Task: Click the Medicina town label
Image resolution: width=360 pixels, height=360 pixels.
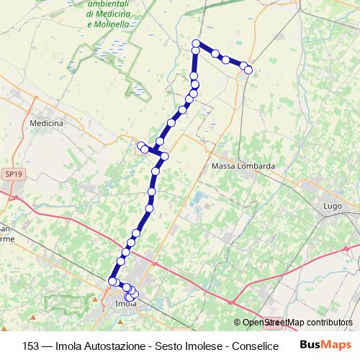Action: pyautogui.click(x=47, y=123)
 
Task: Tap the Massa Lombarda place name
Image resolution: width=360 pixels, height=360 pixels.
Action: pyautogui.click(x=243, y=166)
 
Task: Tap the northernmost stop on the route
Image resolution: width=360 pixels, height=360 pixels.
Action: pyautogui.click(x=196, y=45)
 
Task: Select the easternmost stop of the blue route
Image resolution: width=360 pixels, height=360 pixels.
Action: pyautogui.click(x=248, y=70)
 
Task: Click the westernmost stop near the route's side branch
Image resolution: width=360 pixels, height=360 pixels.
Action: pyautogui.click(x=141, y=145)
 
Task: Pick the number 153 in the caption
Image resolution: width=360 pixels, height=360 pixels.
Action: pyautogui.click(x=31, y=345)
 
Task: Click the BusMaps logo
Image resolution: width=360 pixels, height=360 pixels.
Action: pyautogui.click(x=326, y=345)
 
